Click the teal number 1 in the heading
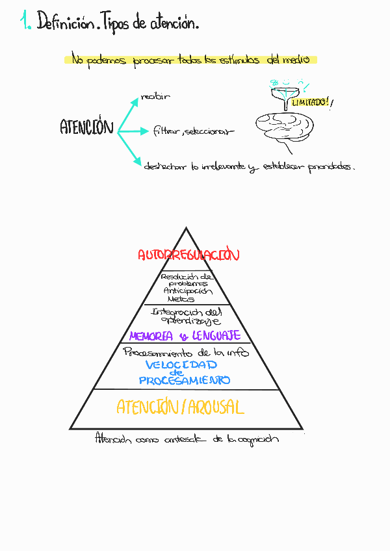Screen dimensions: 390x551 (x=25, y=23)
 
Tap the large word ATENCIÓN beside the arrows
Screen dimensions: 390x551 (x=86, y=127)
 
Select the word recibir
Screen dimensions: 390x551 (x=155, y=97)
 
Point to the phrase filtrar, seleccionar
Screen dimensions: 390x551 (x=193, y=131)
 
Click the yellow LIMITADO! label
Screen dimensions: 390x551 (x=310, y=103)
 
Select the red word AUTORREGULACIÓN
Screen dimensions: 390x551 (x=188, y=255)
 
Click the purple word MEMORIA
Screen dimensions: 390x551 (x=151, y=336)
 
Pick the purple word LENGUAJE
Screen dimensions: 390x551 (x=216, y=336)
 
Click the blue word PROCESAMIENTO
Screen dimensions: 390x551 (x=185, y=380)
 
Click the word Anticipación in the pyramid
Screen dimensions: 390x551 (x=187, y=291)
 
